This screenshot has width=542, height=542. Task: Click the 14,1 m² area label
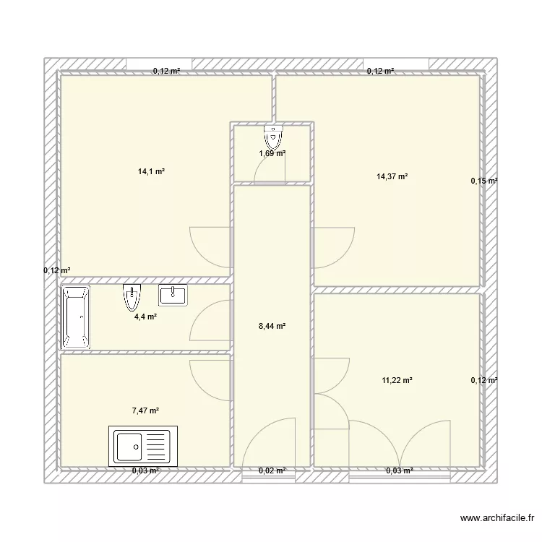click(x=151, y=171)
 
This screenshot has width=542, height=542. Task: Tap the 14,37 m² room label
click(x=392, y=176)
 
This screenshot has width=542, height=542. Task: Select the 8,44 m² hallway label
click(x=272, y=326)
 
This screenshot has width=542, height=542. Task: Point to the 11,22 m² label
click(x=397, y=381)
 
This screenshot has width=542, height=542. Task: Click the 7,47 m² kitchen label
click(x=145, y=410)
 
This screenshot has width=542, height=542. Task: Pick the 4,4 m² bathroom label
click(x=145, y=317)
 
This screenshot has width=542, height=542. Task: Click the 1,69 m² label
click(x=272, y=153)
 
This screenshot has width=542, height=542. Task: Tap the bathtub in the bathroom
click(x=76, y=317)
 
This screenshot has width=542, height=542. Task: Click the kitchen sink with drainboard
click(x=143, y=446)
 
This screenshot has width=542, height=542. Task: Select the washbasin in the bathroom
click(x=173, y=295)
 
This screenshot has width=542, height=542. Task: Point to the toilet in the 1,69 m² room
click(x=273, y=137)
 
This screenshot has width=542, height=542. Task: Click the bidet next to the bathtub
click(x=132, y=297)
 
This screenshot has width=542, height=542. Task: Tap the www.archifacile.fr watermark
click(x=497, y=518)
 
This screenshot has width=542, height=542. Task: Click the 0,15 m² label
click(x=484, y=181)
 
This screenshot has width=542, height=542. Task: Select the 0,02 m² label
click(x=272, y=470)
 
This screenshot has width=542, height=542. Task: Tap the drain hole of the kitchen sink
click(x=136, y=447)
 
